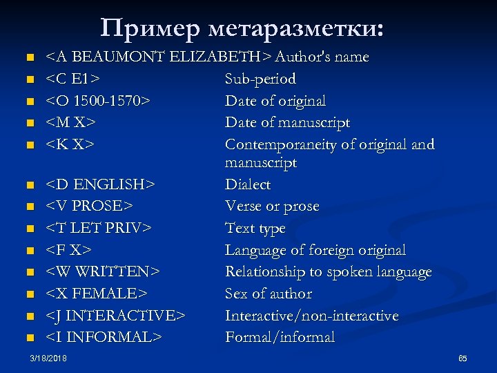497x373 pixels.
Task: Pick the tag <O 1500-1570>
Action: coord(99,101)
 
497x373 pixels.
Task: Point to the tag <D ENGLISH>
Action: coord(100,184)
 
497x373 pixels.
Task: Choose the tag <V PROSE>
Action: coord(90,207)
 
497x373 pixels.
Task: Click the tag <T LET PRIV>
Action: coord(99,228)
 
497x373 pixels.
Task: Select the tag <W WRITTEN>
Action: coord(103,272)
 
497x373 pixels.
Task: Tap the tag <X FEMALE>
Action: coord(97,294)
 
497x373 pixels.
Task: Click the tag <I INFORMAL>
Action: coord(104,338)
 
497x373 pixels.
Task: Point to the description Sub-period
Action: coord(260,79)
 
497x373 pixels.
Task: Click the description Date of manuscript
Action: coord(287,123)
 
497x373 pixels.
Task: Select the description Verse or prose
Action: coord(272,207)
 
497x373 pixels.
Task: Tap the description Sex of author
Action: coord(269,294)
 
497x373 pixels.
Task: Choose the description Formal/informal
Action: coord(280,338)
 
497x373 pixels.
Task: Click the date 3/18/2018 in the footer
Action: coord(48,358)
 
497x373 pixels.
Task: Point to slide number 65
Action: coord(462,358)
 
